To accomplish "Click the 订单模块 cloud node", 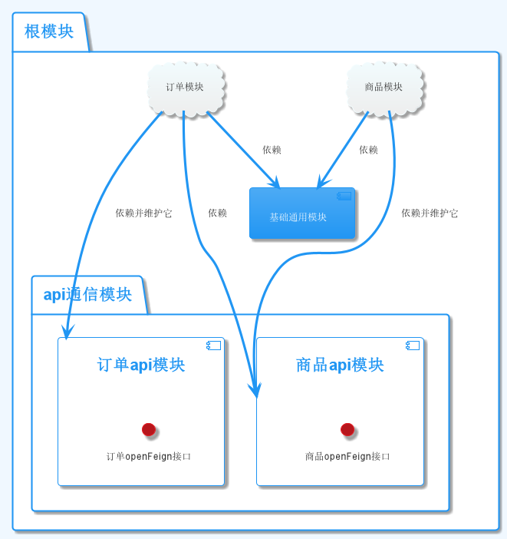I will tap(185, 88).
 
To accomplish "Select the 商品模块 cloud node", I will tap(384, 88).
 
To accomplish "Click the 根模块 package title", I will tap(49, 31).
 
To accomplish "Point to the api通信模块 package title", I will tap(87, 295).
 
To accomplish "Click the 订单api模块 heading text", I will tap(141, 365).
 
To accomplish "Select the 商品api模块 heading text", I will tap(340, 365).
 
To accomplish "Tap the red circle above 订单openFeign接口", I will tap(149, 429).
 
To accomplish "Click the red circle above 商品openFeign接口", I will tap(347, 429).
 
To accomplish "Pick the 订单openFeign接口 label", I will tap(148, 456).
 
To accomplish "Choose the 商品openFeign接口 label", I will tap(347, 456).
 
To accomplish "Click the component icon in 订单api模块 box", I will tap(213, 346).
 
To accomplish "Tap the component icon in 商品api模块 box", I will tap(413, 346).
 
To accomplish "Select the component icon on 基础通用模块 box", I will tap(344, 196).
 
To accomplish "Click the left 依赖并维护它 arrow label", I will tap(143, 213).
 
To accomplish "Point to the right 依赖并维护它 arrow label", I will tap(430, 213).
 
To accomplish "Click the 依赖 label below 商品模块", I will tap(368, 150).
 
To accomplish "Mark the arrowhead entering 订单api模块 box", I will tap(67, 332).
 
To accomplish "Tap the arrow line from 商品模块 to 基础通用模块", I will tap(344, 149).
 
